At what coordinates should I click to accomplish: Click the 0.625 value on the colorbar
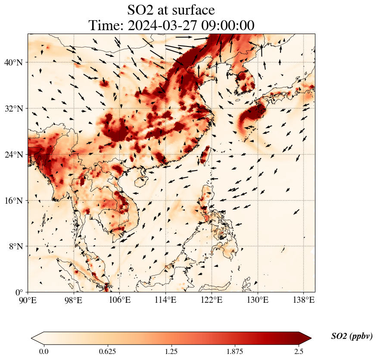pos(107,351)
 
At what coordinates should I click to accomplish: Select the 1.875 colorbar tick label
pos(235,351)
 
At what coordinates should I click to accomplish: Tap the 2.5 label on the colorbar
pos(299,351)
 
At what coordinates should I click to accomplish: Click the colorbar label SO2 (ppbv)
pos(352,336)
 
